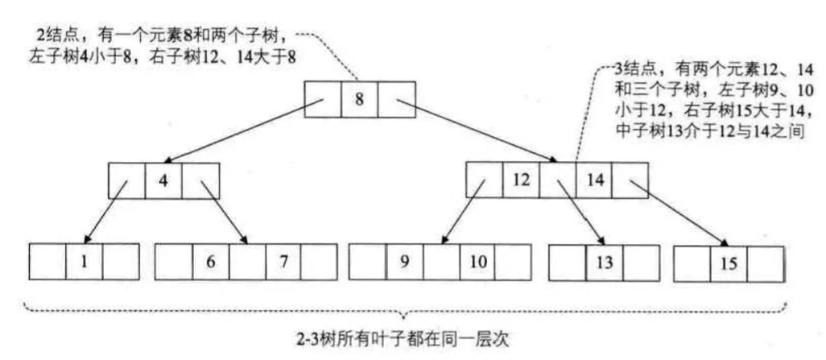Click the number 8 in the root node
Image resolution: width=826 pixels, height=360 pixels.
coord(360,99)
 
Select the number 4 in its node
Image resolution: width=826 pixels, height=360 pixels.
coord(163,179)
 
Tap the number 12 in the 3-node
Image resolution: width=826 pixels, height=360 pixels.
coord(521,179)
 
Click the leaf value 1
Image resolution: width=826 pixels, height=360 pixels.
coord(84,261)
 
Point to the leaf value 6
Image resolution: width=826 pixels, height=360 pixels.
coord(210,261)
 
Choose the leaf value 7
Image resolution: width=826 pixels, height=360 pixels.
coord(283,261)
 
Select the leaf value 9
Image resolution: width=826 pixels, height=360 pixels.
coord(405,261)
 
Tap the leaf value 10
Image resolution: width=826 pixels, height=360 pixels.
coord(477,261)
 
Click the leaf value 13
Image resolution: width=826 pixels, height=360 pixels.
coord(603,261)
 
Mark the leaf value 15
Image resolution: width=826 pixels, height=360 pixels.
coord(728,263)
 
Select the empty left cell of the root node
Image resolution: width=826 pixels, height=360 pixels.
coord(323,99)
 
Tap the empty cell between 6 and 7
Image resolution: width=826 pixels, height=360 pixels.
coord(247,261)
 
